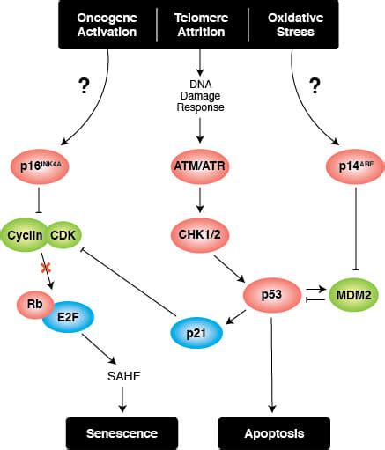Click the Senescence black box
121,433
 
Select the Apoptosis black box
273,433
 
